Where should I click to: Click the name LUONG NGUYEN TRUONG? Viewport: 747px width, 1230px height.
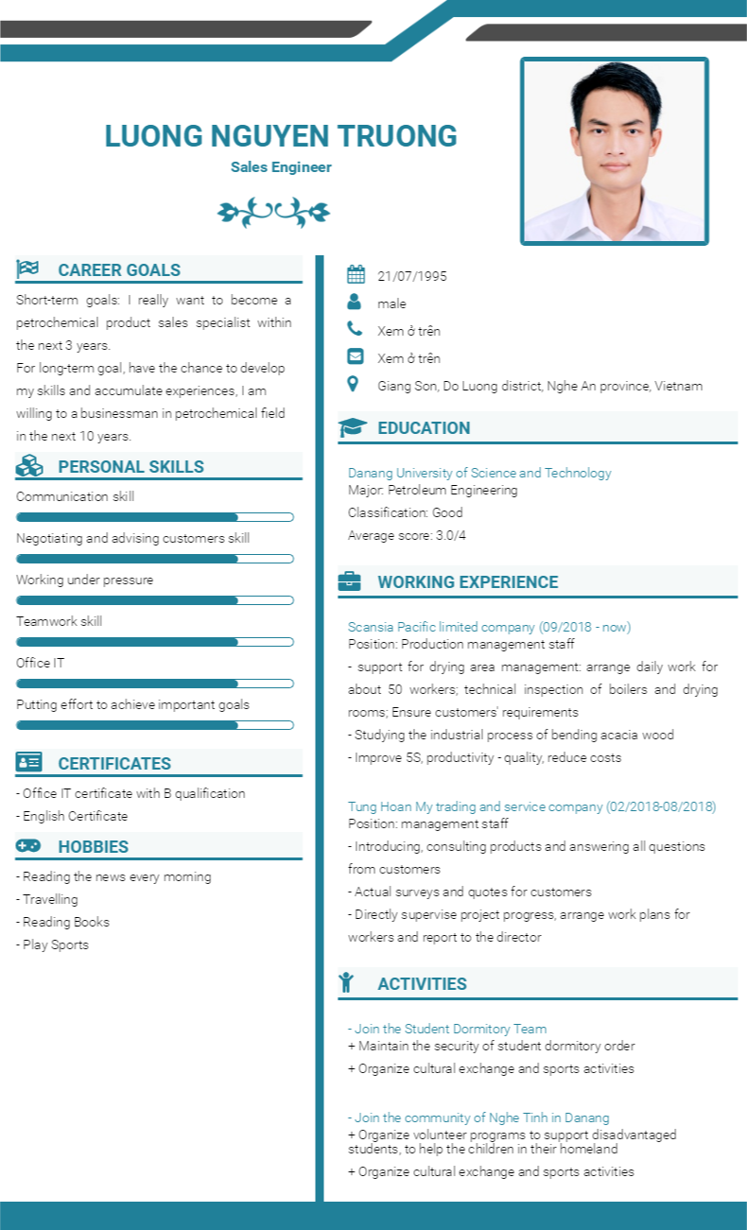pos(281,136)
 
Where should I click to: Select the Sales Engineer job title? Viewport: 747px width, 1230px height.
pos(281,167)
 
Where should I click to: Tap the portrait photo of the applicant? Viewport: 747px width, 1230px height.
pos(614,151)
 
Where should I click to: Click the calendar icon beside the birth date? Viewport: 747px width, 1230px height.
pos(356,275)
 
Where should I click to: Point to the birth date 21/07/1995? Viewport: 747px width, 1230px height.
pos(412,276)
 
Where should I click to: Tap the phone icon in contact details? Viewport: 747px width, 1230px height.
pos(355,329)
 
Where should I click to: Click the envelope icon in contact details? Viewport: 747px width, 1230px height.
pos(356,357)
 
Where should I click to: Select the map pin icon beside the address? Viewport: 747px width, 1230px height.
pos(354,384)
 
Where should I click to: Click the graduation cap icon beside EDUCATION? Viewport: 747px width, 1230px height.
pos(353,427)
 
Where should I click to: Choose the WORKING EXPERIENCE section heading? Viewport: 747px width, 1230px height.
pos(468,582)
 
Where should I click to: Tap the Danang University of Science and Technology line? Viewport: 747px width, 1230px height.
pos(479,473)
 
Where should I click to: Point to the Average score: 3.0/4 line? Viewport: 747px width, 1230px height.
pos(407,535)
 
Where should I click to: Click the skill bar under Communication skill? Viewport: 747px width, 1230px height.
pos(155,517)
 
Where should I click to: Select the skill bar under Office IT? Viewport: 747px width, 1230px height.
pos(155,684)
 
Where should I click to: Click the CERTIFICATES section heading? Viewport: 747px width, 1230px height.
pos(114,764)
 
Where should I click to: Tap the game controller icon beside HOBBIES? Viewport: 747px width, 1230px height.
pos(28,845)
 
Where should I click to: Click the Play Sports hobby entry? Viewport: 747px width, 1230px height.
pos(55,944)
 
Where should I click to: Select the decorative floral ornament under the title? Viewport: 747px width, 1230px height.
pos(273,212)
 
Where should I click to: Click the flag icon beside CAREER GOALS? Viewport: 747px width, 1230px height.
pos(27,269)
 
